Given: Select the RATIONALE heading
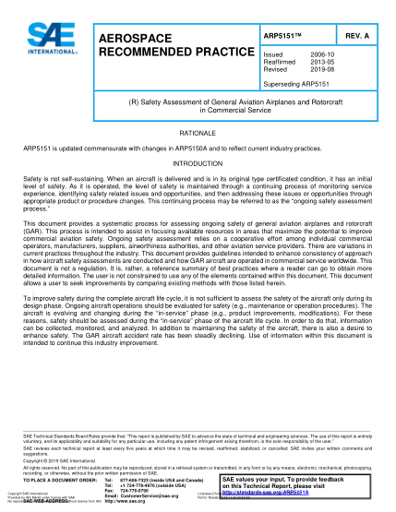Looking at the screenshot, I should click(198, 133).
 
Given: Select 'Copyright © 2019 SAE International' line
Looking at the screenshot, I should click(63, 458).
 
